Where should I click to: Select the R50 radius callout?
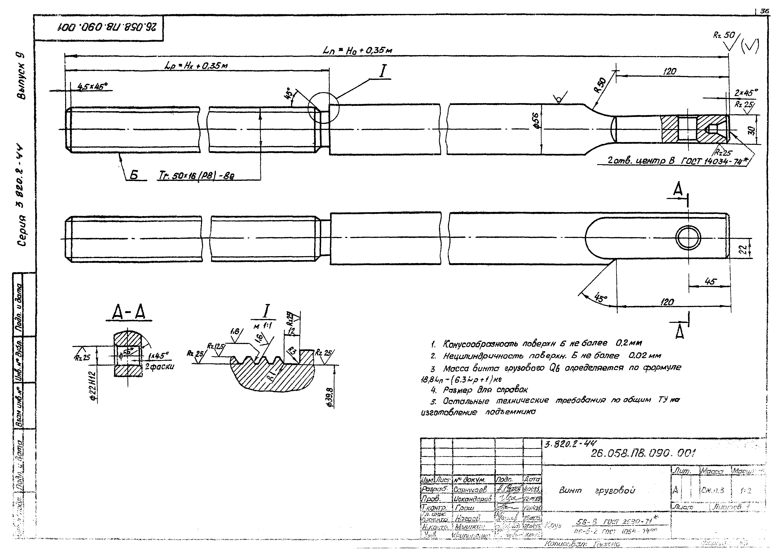(x=599, y=85)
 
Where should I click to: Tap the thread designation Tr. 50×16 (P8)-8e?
(x=196, y=176)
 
